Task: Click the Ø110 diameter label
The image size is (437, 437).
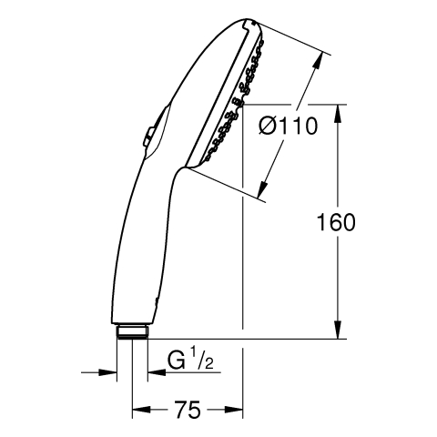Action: [289, 127]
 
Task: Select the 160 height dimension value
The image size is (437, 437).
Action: [336, 222]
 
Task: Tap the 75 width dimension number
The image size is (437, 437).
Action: [188, 410]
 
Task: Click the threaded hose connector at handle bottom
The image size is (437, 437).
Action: [133, 331]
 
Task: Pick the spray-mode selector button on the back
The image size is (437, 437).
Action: [148, 136]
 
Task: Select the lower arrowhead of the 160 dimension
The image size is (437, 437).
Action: [339, 330]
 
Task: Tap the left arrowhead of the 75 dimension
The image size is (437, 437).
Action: [141, 410]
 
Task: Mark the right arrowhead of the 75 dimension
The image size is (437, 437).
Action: [234, 410]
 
